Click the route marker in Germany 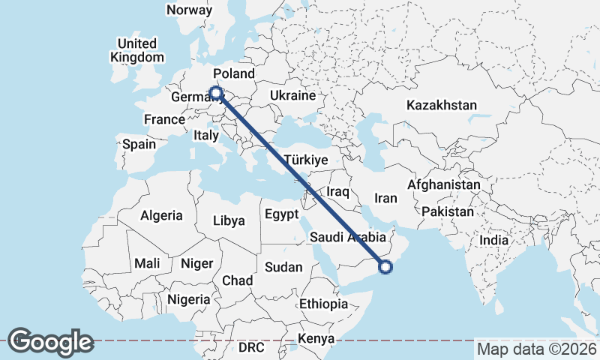(x=216, y=93)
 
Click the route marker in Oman (x=385, y=266)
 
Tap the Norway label (x=189, y=10)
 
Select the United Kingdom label (x=136, y=49)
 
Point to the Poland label (x=234, y=73)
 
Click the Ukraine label (x=292, y=96)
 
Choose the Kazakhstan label (x=442, y=106)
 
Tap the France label (x=164, y=119)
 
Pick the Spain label (x=139, y=144)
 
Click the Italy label (x=205, y=136)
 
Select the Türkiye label (x=307, y=160)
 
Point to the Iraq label (x=338, y=192)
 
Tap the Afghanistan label (x=444, y=184)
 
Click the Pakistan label (x=448, y=211)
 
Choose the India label (x=494, y=241)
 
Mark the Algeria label (x=161, y=215)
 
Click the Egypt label (x=282, y=214)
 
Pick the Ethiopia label (x=323, y=304)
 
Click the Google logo (x=50, y=342)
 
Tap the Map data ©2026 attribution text (x=537, y=349)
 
